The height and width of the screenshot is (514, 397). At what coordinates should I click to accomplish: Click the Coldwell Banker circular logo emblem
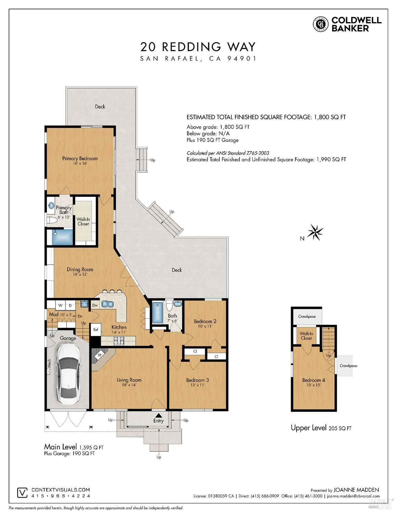pyautogui.click(x=321, y=24)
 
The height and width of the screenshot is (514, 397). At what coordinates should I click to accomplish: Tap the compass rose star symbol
pyautogui.click(x=315, y=232)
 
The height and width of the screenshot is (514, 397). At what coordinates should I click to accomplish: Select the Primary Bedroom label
pyautogui.click(x=80, y=158)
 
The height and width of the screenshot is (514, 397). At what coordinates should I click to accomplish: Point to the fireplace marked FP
pyautogui.click(x=100, y=355)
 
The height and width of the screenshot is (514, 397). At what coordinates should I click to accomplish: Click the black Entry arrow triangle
pyautogui.click(x=159, y=415)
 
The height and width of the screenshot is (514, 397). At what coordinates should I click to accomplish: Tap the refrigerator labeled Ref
pyautogui.click(x=96, y=330)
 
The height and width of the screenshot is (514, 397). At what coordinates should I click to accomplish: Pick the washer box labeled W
pyautogui.click(x=60, y=306)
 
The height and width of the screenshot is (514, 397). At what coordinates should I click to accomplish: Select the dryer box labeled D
pyautogui.click(x=70, y=306)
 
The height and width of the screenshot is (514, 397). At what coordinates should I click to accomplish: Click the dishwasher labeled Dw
pyautogui.click(x=95, y=305)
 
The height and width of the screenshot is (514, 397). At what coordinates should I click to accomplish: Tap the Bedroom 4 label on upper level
pyautogui.click(x=313, y=380)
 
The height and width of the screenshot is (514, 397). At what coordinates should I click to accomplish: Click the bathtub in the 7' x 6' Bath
pyautogui.click(x=157, y=313)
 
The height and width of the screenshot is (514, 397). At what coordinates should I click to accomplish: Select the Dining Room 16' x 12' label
pyautogui.click(x=80, y=272)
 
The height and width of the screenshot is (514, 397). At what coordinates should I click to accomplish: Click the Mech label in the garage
pyautogui.click(x=49, y=363)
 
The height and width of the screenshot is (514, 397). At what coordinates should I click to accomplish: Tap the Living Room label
pyautogui.click(x=129, y=380)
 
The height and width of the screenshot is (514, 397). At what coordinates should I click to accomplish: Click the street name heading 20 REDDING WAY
pyautogui.click(x=198, y=47)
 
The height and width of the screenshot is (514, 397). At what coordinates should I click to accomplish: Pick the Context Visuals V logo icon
pyautogui.click(x=23, y=493)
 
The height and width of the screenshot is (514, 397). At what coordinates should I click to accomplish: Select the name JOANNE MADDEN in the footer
pyautogui.click(x=356, y=490)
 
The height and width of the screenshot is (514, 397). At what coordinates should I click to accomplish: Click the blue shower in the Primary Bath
pyautogui.click(x=62, y=237)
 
